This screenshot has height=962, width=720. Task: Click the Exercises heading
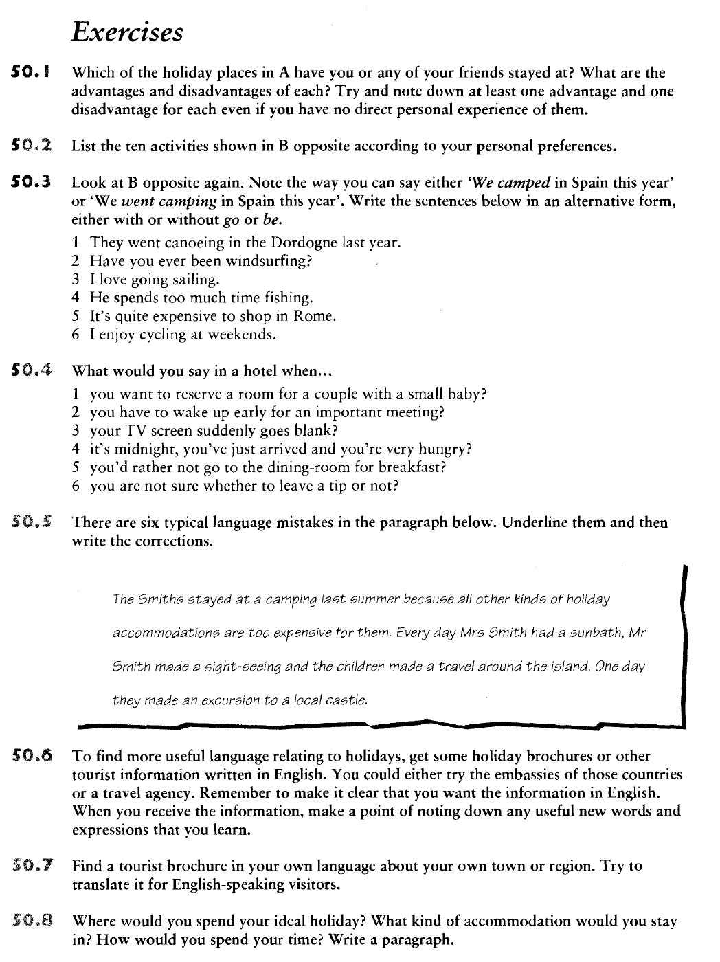pyautogui.click(x=128, y=31)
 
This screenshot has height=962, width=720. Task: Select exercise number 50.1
pyautogui.click(x=32, y=72)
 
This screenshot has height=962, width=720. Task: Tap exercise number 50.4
pyautogui.click(x=33, y=371)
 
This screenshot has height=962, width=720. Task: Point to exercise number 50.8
pyautogui.click(x=33, y=921)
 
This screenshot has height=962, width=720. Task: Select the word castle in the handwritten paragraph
pyautogui.click(x=348, y=701)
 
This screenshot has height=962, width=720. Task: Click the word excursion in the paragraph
pyautogui.click(x=219, y=701)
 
